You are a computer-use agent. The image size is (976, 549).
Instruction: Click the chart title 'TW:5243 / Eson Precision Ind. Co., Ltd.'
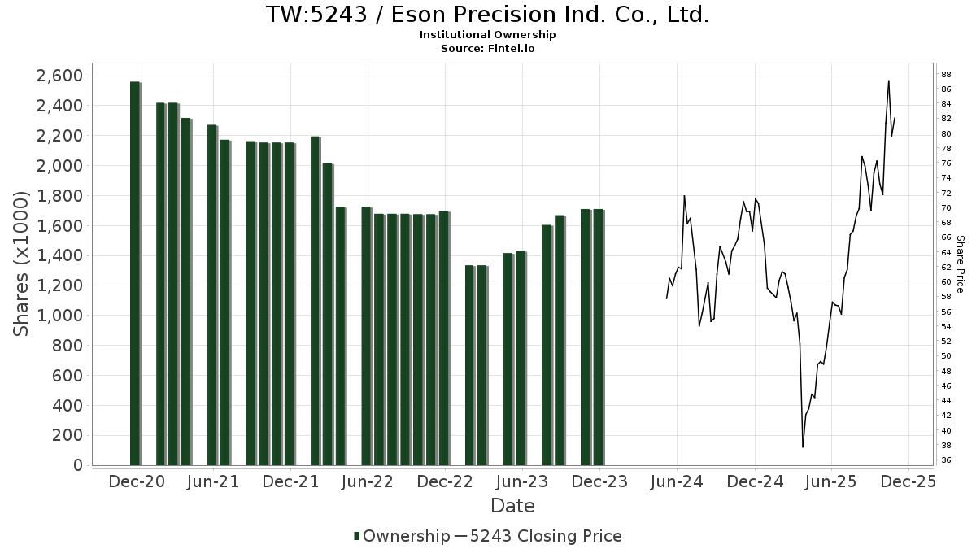click(487, 15)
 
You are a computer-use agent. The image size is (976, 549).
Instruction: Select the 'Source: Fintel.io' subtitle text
click(487, 48)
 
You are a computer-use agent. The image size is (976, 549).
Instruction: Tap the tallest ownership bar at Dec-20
click(135, 273)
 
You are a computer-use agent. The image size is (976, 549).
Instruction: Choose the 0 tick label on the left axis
click(78, 465)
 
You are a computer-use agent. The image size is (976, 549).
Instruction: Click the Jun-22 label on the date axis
click(368, 481)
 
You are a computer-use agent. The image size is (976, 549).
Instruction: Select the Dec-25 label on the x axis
click(909, 481)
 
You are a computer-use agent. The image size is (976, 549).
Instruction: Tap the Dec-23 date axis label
click(599, 481)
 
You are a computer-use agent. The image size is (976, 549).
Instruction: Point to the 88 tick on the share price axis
click(946, 74)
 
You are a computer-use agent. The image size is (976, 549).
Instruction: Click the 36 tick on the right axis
click(946, 460)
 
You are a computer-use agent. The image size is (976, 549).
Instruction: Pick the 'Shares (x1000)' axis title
click(22, 264)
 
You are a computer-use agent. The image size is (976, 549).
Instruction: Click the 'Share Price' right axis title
click(961, 264)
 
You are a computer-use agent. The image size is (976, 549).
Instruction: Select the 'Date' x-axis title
click(512, 506)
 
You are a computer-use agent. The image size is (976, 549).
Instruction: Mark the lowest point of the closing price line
click(803, 447)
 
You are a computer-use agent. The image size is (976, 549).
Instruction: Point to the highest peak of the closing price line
click(888, 81)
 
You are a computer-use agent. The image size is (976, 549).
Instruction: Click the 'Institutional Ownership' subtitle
click(487, 35)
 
